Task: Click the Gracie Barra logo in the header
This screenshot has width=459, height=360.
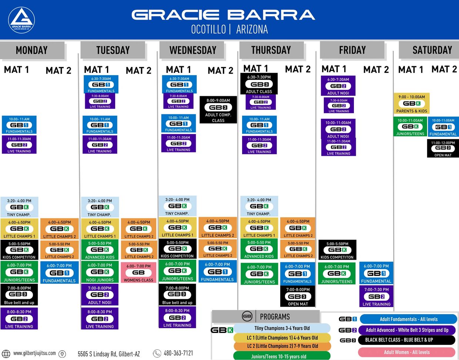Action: pyautogui.click(x=21, y=20)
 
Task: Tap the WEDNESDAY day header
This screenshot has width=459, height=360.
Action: pyautogui.click(x=192, y=50)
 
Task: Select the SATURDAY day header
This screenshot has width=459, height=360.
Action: pyautogui.click(x=432, y=50)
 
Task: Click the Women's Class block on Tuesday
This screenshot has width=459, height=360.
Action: pyautogui.click(x=138, y=272)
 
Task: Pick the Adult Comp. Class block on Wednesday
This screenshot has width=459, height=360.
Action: pyautogui.click(x=218, y=110)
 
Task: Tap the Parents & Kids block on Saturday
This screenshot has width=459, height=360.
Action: pyautogui.click(x=412, y=104)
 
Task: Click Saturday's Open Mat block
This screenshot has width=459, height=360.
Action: pyautogui.click(x=443, y=148)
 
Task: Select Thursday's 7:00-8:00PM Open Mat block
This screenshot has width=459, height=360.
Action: pyautogui.click(x=298, y=296)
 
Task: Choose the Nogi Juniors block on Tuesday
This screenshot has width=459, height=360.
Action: pyautogui.click(x=100, y=272)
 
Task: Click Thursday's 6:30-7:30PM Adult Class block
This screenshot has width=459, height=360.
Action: pyautogui.click(x=259, y=84)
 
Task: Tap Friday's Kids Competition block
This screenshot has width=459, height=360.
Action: pyautogui.click(x=337, y=250)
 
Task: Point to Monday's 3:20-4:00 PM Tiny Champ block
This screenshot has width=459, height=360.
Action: pyautogui.click(x=19, y=207)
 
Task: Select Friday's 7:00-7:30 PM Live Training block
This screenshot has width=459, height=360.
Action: pyautogui.click(x=376, y=296)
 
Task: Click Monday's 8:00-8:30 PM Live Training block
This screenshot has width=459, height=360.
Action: pyautogui.click(x=19, y=319)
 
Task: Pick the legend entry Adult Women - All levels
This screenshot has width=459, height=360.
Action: pyautogui.click(x=406, y=352)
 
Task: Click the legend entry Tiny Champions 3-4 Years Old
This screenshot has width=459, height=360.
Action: pyautogui.click(x=282, y=328)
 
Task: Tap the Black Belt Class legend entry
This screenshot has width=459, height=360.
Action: pyautogui.click(x=406, y=340)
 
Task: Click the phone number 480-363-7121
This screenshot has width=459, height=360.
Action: pyautogui.click(x=178, y=353)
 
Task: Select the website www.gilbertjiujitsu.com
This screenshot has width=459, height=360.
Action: pyautogui.click(x=34, y=353)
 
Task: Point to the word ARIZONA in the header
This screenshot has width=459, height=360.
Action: pyautogui.click(x=252, y=30)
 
